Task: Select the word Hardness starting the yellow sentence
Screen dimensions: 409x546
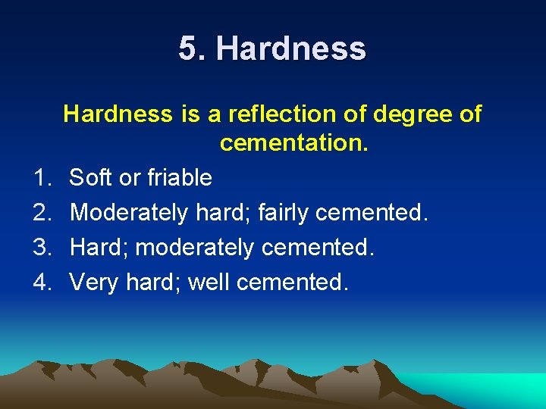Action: pos(118,114)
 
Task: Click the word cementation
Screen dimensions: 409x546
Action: pos(293,142)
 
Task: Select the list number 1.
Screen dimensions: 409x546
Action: pos(42,178)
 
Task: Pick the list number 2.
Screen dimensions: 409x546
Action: pos(42,213)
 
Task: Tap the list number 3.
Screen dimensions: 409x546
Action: pos(42,248)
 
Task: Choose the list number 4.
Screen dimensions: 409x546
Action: pos(42,283)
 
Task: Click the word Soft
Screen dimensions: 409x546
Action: pos(89,178)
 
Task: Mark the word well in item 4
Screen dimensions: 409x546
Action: pos(209,283)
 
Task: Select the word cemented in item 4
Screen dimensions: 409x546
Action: pos(293,283)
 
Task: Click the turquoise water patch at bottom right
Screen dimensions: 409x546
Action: pos(493,390)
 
